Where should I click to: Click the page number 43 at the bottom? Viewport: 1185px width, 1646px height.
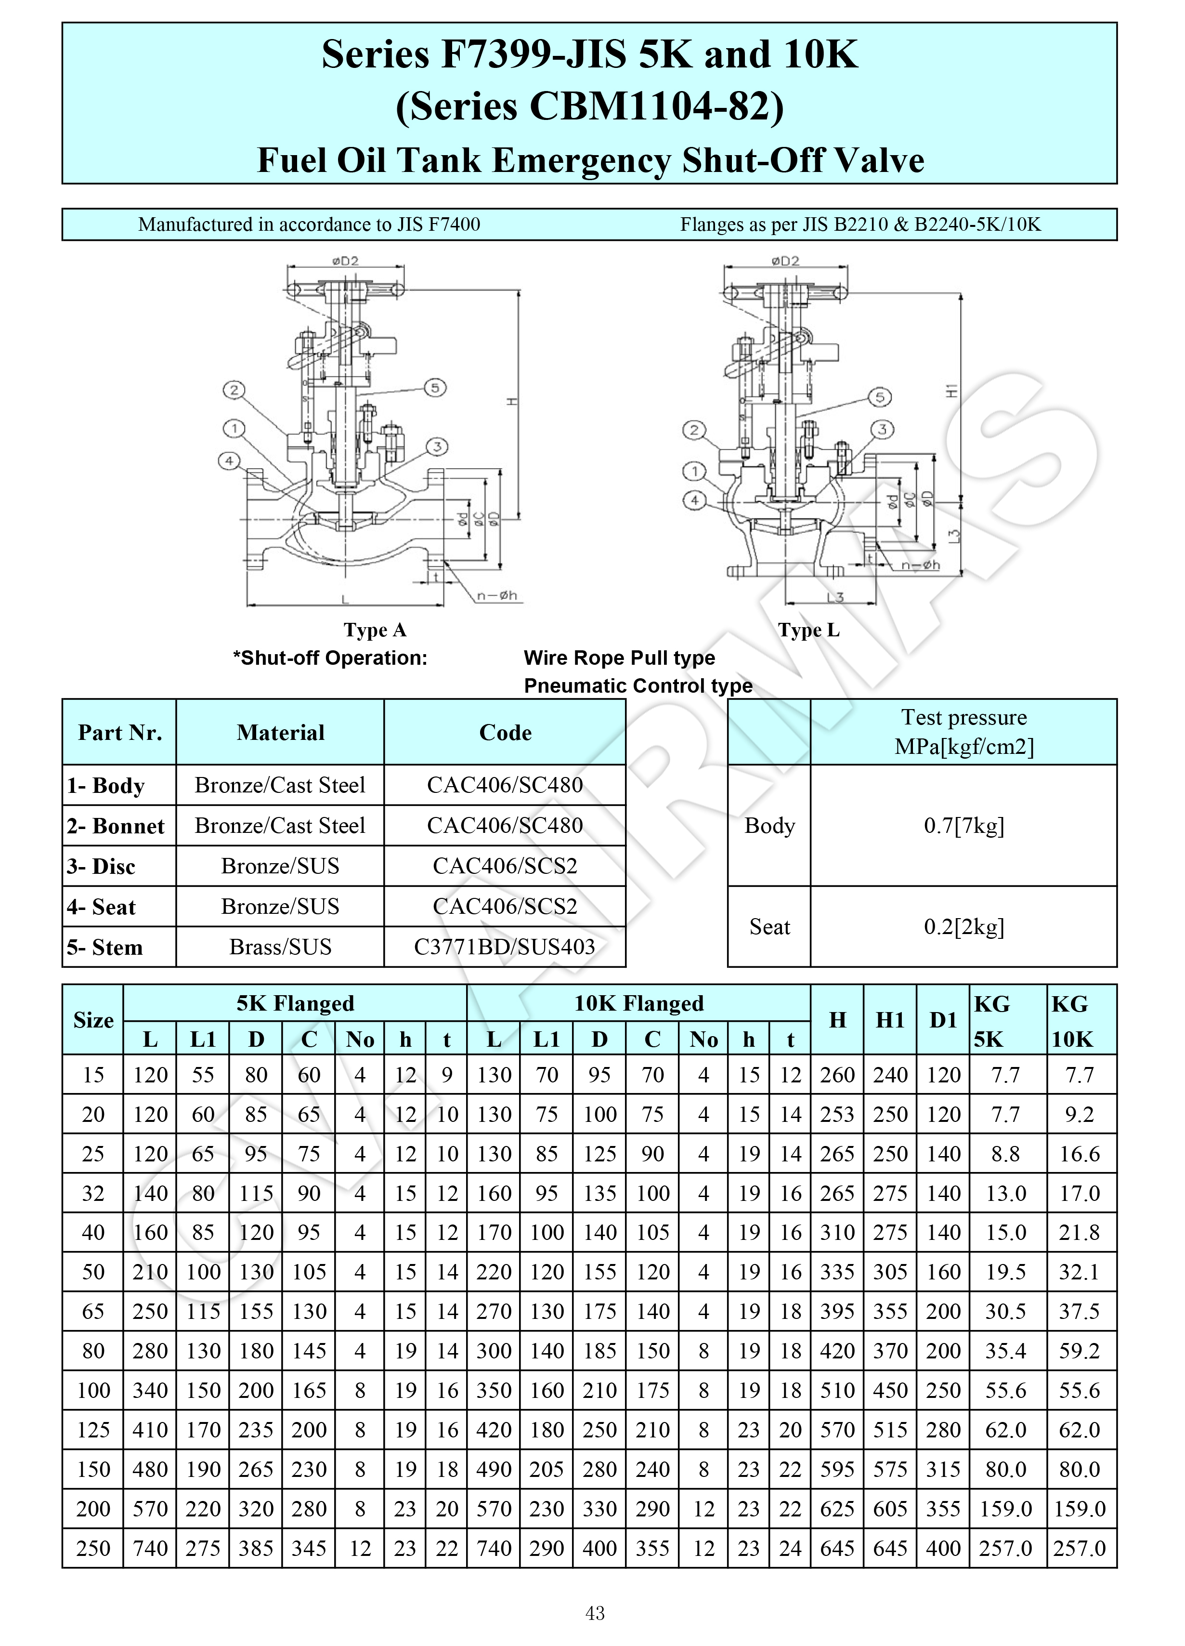[594, 1613]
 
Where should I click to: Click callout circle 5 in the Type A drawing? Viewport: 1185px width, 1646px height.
[435, 388]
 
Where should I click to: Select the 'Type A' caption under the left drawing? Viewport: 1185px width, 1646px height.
[375, 630]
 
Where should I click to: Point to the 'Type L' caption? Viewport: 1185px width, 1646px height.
[808, 630]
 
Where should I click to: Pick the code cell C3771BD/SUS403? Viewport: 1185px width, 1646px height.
[504, 947]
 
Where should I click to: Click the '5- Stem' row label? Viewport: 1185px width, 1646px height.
[105, 947]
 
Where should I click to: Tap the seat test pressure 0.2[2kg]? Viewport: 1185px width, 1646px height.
[964, 927]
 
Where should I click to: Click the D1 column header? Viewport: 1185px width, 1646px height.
[943, 1020]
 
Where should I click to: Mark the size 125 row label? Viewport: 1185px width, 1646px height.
[93, 1430]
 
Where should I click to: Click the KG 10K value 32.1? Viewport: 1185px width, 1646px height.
[1079, 1272]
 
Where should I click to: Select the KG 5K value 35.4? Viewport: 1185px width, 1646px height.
[1005, 1351]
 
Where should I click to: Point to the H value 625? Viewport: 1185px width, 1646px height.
[837, 1509]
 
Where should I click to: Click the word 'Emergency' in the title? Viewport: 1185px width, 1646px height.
[581, 160]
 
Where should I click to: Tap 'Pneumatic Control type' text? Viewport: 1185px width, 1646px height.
[638, 686]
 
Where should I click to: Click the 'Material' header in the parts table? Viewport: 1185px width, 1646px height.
[280, 732]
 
